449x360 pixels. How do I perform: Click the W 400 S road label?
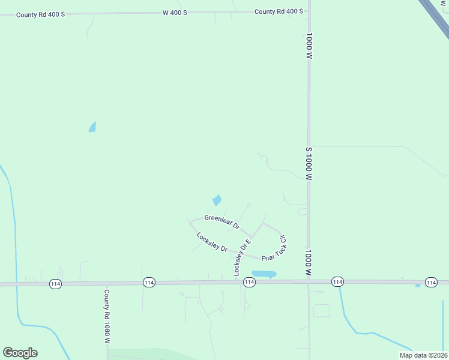click(x=175, y=12)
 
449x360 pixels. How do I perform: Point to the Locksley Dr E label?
click(x=241, y=255)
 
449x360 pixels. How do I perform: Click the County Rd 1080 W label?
click(x=106, y=317)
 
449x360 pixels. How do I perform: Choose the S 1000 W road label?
click(x=309, y=164)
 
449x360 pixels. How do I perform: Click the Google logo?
click(x=20, y=353)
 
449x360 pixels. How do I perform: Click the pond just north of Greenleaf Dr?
click(x=217, y=200)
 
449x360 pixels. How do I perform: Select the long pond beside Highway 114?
click(x=264, y=274)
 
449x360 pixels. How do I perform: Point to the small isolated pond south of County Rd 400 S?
click(x=92, y=127)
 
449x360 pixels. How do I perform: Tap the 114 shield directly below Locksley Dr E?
click(x=250, y=282)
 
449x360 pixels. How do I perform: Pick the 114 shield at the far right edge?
click(x=430, y=282)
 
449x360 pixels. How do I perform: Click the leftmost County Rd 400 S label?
click(x=40, y=14)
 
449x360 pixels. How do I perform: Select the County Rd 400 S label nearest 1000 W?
click(x=279, y=11)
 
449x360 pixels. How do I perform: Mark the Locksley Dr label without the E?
click(x=212, y=241)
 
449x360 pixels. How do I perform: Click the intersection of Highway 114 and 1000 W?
click(x=309, y=281)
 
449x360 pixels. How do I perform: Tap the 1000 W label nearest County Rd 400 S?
click(x=309, y=46)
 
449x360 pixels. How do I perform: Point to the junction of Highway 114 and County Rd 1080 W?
click(x=106, y=283)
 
